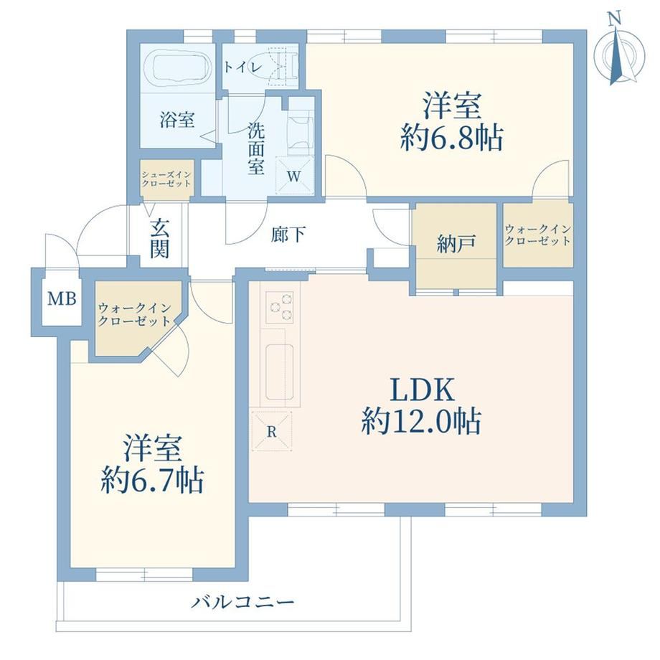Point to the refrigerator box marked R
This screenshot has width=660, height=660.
(x=271, y=431)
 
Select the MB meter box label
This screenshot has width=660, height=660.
(x=62, y=298)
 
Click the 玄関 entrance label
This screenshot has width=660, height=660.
(x=160, y=239)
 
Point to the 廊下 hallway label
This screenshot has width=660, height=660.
(x=288, y=235)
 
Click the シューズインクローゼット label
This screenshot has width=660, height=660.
(x=166, y=179)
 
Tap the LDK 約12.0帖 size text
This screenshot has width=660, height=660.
(x=421, y=406)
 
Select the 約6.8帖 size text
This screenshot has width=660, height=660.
(x=452, y=138)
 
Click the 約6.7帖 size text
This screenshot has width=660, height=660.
(x=152, y=480)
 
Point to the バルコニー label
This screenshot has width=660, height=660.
(x=242, y=603)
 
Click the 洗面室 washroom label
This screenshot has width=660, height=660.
(x=256, y=148)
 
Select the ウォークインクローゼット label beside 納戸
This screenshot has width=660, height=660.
(x=538, y=235)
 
